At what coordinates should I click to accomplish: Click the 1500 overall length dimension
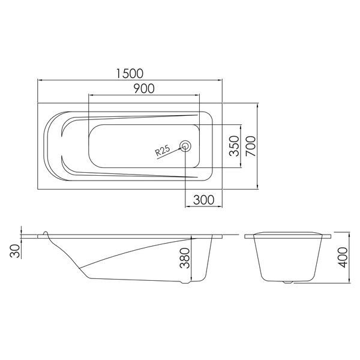130,73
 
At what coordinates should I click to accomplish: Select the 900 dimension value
144,88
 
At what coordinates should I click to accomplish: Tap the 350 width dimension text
235,146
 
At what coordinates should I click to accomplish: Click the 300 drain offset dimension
203,200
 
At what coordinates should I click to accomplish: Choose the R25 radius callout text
163,151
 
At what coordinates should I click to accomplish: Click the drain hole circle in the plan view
185,146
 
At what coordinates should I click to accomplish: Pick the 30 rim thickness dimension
15,251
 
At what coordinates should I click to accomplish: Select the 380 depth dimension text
185,258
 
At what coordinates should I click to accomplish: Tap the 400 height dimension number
343,257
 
